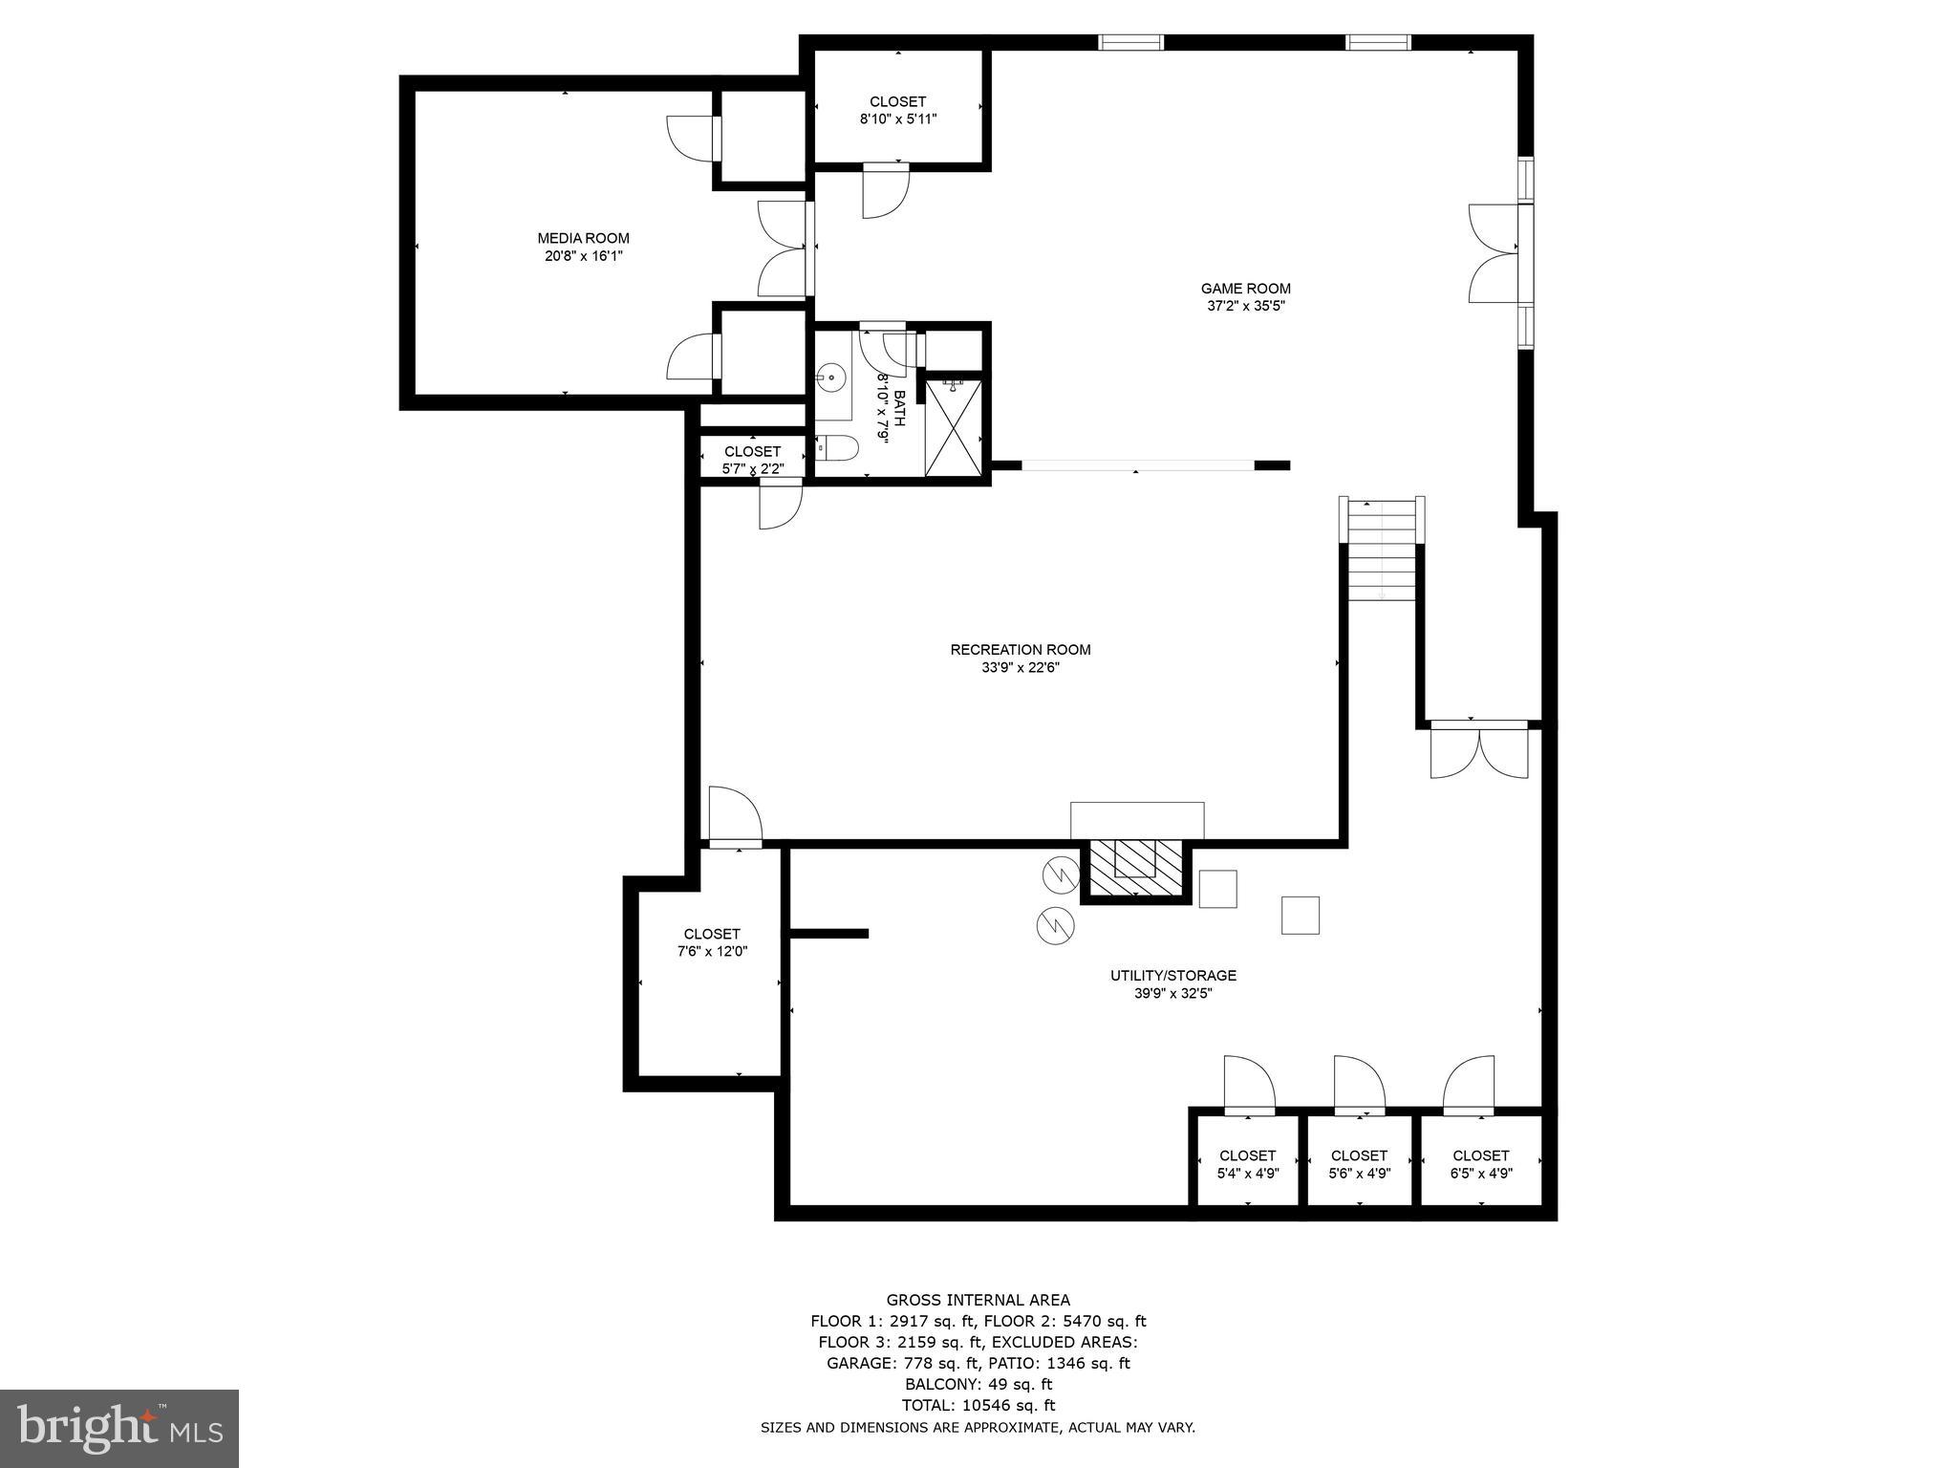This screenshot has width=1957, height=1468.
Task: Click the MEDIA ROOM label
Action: coord(583,238)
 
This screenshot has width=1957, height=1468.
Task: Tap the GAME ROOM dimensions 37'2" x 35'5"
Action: coord(1245,306)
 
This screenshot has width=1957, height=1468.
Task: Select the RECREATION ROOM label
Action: coord(1020,650)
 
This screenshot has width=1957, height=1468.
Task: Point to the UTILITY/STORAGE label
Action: coord(1172,976)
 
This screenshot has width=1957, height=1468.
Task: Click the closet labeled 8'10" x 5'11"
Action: coord(897,110)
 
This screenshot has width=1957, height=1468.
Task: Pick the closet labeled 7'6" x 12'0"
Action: coord(711,942)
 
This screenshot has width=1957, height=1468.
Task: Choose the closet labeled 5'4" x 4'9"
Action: coord(1247,1164)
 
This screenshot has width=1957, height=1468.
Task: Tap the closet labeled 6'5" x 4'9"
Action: coord(1480,1164)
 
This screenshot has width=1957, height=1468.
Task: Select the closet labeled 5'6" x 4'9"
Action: coord(1359,1164)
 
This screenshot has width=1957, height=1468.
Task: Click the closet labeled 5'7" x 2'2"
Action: coord(752,460)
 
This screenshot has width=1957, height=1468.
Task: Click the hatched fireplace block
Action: coord(1135,869)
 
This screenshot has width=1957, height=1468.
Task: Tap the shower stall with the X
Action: coord(953,426)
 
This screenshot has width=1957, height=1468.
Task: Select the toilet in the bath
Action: coord(839,448)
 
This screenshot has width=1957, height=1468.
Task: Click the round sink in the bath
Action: coord(831,378)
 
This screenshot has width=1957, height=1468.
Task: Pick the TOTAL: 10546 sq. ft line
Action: coord(978,1405)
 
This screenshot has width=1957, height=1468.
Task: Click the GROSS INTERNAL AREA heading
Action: coord(978,1300)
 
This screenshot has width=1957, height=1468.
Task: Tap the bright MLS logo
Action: coord(119,1428)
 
